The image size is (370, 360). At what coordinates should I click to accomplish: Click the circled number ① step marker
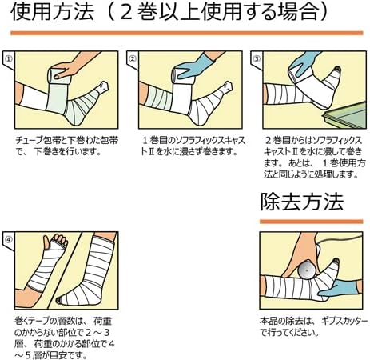tap(10, 58)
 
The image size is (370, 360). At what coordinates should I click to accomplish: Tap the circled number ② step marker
tap(133, 58)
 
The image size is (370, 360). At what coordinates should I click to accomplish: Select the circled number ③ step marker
tap(257, 58)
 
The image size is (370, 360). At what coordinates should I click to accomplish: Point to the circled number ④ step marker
tap(9, 239)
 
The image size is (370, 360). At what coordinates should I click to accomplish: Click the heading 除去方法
tap(302, 202)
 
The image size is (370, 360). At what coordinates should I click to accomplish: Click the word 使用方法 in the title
tap(52, 12)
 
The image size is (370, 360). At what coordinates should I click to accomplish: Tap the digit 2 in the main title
tap(126, 12)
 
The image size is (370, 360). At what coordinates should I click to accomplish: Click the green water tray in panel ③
tap(344, 115)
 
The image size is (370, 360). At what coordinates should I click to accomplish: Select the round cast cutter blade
tap(306, 270)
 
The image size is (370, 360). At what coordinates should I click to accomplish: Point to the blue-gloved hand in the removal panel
tap(340, 288)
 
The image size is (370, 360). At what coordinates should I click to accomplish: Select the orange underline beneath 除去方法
tap(311, 222)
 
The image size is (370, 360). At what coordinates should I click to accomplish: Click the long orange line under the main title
tap(186, 33)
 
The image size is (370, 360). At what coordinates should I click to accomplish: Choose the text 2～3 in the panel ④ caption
tap(97, 333)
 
